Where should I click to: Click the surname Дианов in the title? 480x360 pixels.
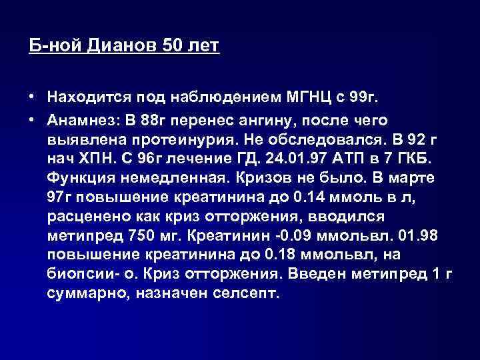pyautogui.click(x=124, y=47)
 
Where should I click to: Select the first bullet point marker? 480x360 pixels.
pyautogui.click(x=32, y=98)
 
